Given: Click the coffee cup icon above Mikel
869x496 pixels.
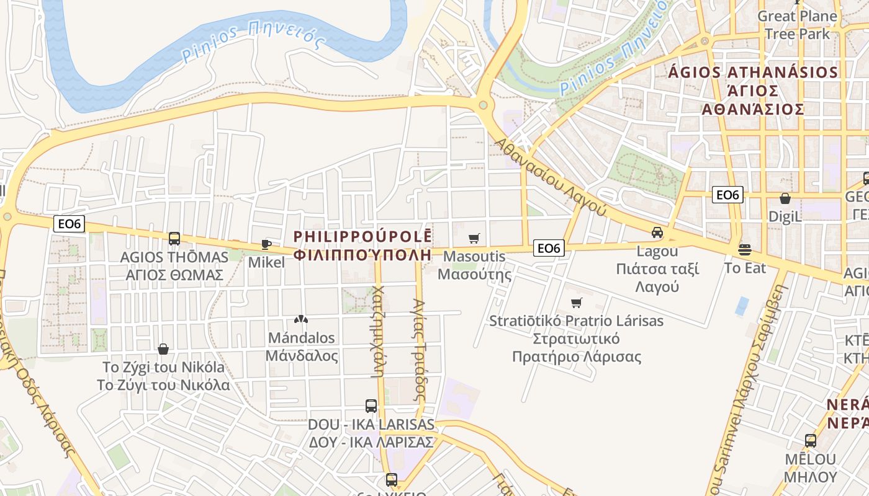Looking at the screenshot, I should coord(266,244).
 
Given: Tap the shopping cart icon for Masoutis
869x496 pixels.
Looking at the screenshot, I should coord(474,238).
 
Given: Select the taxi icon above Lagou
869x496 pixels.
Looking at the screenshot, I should coord(657,233).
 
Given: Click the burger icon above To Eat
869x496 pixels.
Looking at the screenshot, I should coord(745,250).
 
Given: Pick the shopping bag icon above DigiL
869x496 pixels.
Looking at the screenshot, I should coord(785,198).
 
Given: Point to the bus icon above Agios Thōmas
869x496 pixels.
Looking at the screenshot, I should coord(174,238).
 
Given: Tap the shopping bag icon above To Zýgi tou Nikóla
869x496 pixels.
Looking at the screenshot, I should coord(163,349).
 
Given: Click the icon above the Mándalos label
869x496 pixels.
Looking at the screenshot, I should coord(301,320).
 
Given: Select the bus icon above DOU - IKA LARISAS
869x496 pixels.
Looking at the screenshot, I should coord(371,406).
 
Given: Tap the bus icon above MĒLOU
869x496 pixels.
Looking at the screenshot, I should coord(810,441).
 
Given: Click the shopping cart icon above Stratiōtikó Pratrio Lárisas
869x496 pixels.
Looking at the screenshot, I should coord(576,303).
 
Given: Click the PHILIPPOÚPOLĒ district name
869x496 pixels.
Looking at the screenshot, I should coord(362,237).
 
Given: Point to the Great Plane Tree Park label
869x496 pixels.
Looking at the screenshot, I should coord(797,25).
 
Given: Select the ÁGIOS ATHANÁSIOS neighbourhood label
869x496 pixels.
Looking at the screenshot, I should coord(753,73).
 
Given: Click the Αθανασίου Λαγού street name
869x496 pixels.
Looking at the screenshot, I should coord(550,177).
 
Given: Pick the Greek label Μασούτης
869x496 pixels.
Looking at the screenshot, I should coord(475,274).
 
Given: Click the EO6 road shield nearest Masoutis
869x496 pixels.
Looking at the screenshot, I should coord(549,249).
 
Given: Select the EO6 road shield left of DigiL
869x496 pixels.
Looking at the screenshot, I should coord(727,195).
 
